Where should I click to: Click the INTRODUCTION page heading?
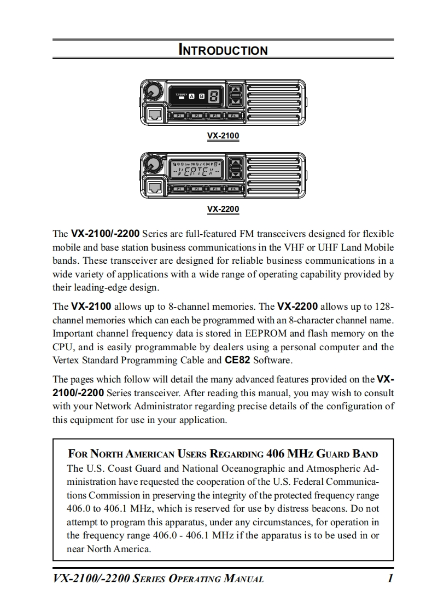[x=223, y=50]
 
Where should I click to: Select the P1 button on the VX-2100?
[x=179, y=116]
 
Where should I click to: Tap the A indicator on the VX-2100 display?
[x=191, y=96]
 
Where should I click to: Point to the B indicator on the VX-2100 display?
[x=202, y=96]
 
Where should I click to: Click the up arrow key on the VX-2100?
[x=236, y=91]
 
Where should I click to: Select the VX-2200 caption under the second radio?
[x=223, y=209]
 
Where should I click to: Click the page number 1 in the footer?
[x=389, y=578]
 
